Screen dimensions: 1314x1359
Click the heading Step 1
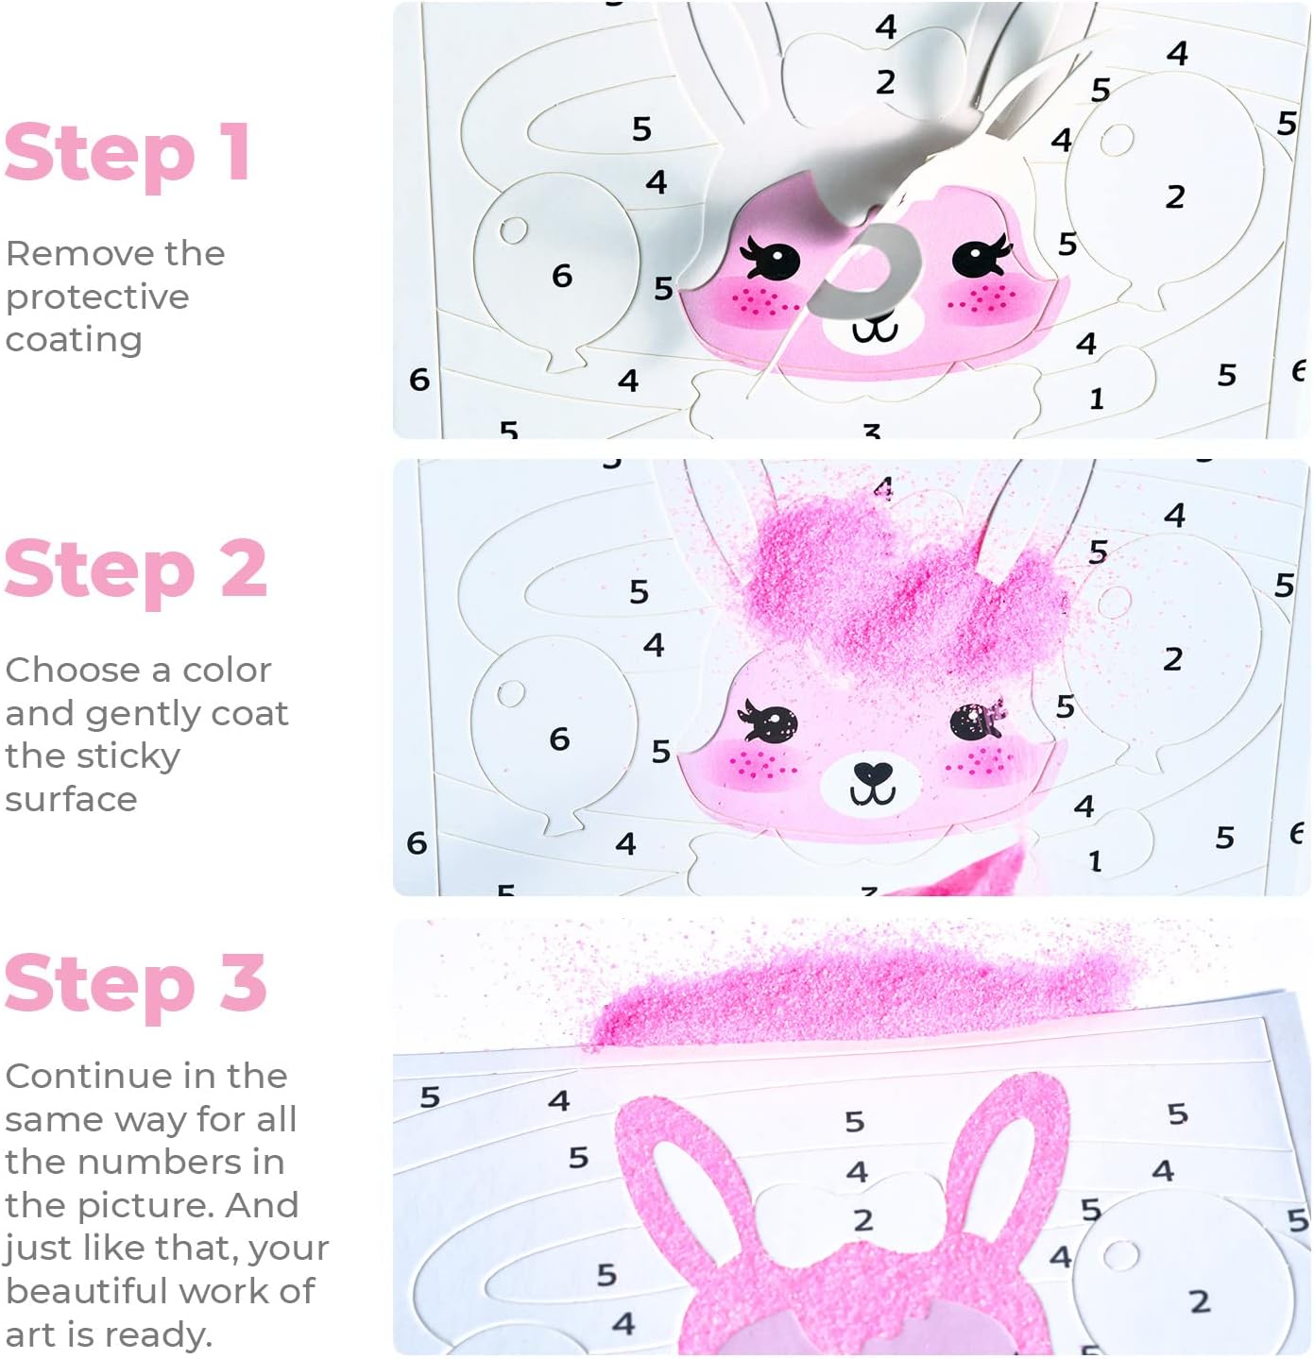point(127,154)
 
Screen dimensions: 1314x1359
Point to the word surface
point(71,800)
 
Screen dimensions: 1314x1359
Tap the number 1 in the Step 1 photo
point(1097,399)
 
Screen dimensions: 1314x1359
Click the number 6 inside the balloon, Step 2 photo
point(559,739)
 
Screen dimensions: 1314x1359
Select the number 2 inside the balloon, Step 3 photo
point(1200,1301)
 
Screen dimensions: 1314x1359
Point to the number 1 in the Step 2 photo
point(1096,862)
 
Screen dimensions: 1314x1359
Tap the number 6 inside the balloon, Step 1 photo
point(562,276)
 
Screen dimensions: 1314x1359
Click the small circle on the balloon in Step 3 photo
point(1121,1256)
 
